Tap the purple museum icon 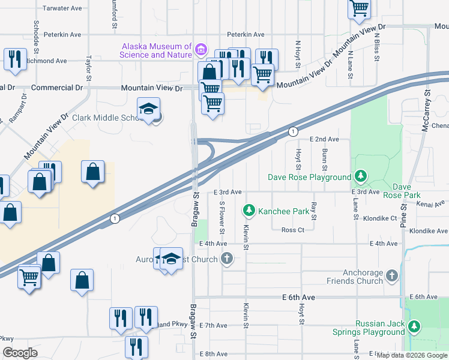201,48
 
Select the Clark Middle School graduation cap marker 148,109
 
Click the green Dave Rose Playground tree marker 360,176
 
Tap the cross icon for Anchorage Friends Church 391,275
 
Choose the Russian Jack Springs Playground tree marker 414,326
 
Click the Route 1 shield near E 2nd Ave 292,131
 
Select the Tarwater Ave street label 62,8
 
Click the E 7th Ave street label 213,325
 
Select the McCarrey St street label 427,114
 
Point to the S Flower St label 221,218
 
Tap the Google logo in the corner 20,353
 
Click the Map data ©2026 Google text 412,355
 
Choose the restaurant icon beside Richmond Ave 14,59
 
